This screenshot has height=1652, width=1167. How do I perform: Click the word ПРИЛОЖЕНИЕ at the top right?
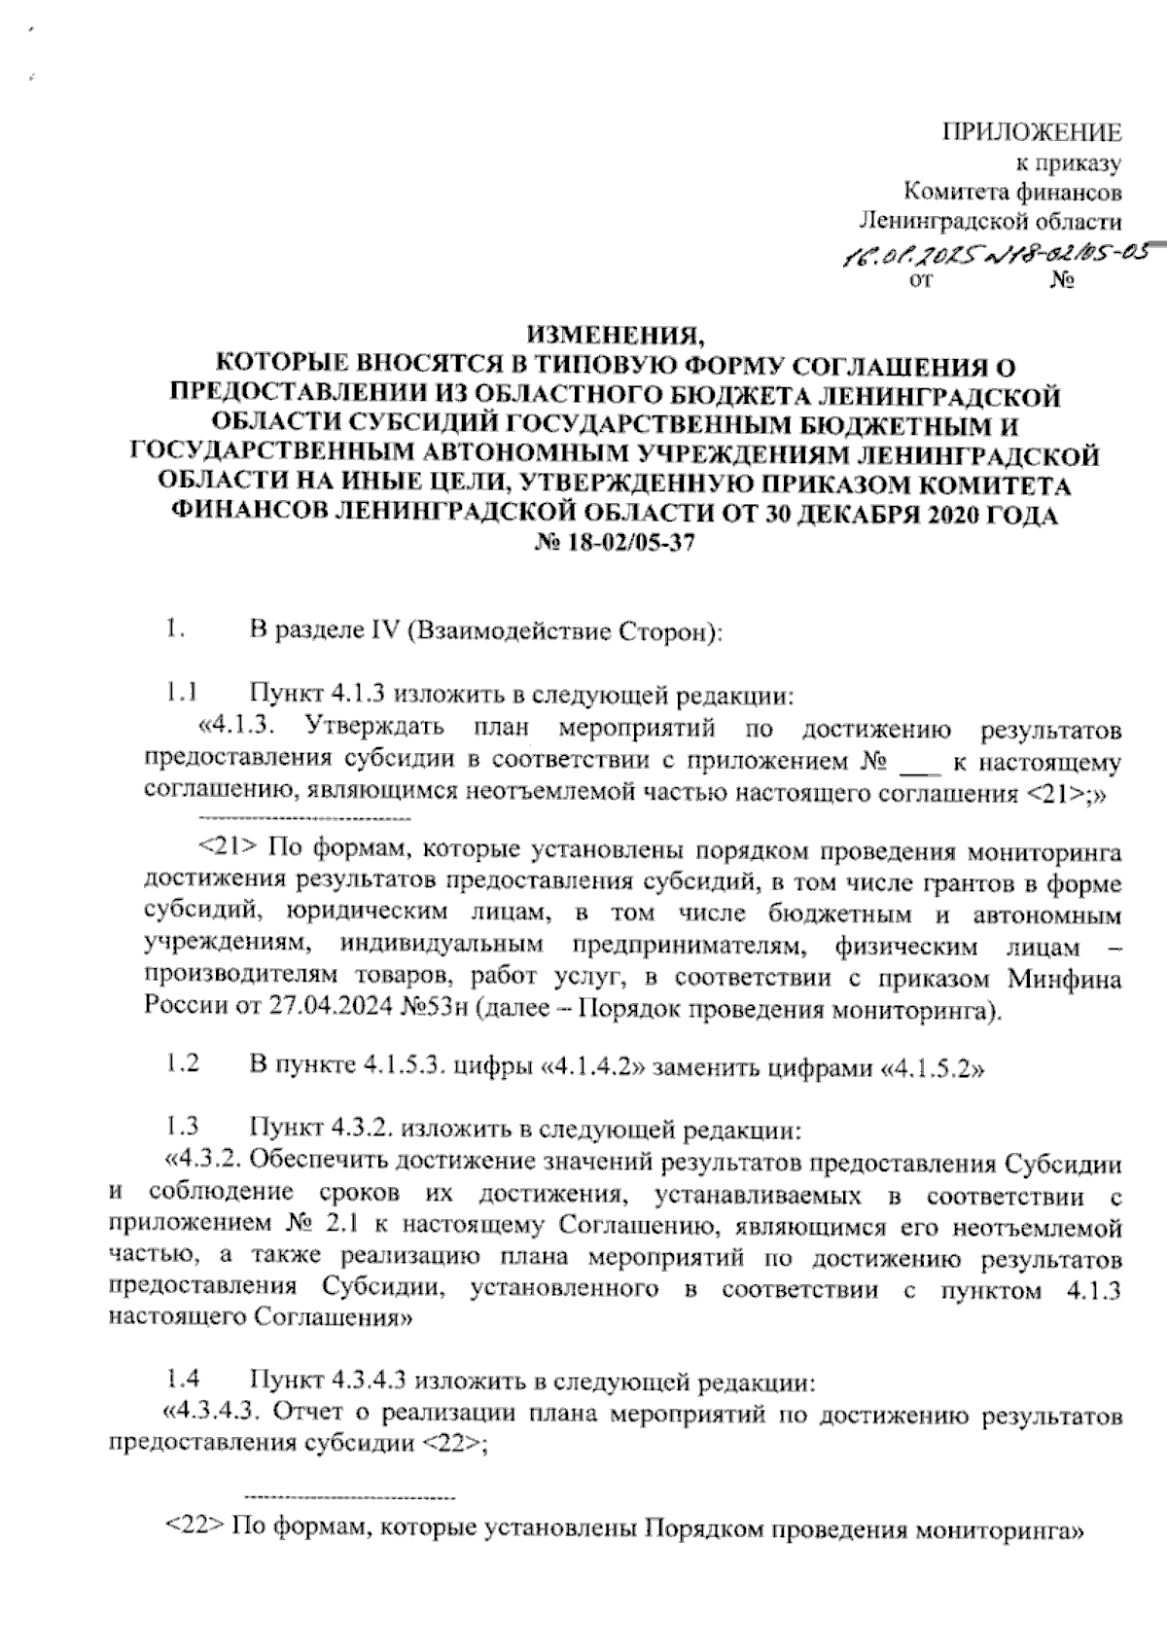click(x=1034, y=132)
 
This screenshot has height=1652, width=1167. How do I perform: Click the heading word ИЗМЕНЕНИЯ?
click(x=613, y=338)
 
